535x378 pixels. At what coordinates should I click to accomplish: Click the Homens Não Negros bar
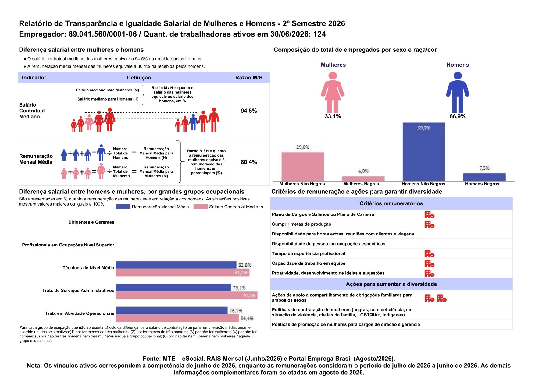424,152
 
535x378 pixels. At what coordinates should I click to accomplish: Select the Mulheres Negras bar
363,178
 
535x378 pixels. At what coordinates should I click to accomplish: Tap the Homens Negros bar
484,177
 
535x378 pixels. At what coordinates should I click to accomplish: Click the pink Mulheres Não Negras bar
303,167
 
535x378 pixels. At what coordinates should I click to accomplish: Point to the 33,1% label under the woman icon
333,116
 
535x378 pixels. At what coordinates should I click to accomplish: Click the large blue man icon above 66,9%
458,92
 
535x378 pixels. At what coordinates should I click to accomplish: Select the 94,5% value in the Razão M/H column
249,111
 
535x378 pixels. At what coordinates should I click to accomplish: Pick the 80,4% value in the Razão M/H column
249,162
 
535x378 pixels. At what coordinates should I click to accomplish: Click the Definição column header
139,78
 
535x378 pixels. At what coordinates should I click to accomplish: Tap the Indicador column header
34,78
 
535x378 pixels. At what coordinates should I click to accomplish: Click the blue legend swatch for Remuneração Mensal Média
123,207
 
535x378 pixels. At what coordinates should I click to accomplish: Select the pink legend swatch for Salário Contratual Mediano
201,207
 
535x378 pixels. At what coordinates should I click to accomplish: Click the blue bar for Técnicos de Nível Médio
176,265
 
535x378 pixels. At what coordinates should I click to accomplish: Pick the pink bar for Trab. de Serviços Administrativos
187,295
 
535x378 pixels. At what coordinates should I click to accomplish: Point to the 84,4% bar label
247,318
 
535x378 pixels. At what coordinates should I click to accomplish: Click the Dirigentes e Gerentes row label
91,222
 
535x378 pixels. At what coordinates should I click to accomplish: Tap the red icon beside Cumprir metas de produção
429,225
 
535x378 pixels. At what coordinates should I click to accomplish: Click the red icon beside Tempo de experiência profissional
429,254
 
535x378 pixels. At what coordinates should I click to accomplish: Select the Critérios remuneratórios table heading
391,203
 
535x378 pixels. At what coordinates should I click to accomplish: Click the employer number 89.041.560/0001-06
103,34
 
